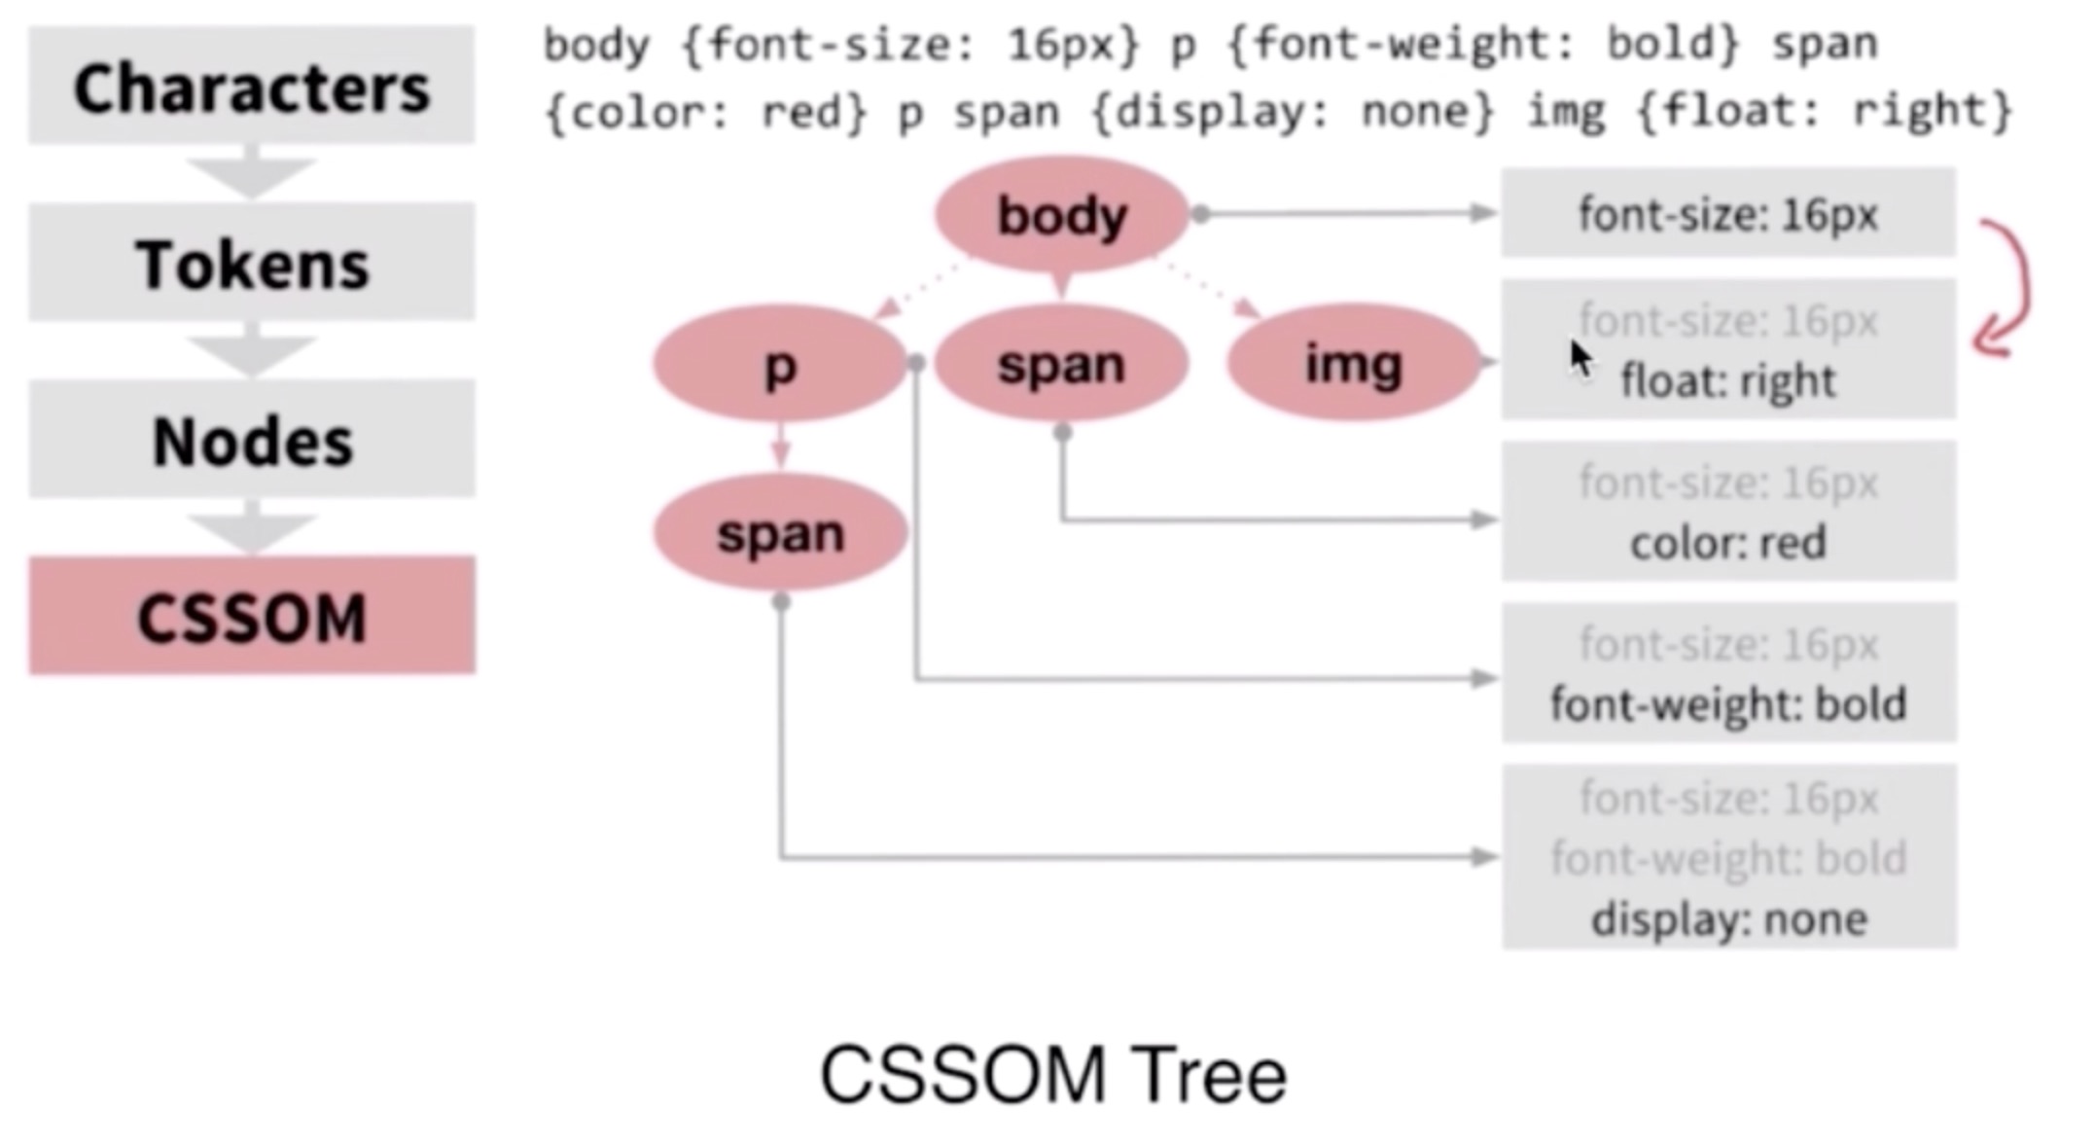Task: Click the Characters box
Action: [x=251, y=86]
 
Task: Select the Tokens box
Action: [x=251, y=263]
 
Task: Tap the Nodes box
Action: [x=251, y=440]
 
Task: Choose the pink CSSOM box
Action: [x=251, y=616]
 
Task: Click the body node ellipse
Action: [x=1061, y=214]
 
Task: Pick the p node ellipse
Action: [x=780, y=364]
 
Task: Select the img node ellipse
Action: [x=1353, y=364]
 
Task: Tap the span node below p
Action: [x=780, y=533]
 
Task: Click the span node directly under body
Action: [x=1061, y=364]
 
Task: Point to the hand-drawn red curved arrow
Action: [x=2009, y=287]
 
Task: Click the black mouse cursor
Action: [x=1580, y=358]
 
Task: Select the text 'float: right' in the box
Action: [x=1727, y=380]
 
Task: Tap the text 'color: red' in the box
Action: [x=1727, y=543]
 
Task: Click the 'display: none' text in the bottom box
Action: [x=1728, y=919]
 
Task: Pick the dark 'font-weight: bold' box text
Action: [x=1727, y=704]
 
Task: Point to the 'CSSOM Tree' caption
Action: [x=1053, y=1075]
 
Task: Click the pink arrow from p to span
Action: [x=780, y=447]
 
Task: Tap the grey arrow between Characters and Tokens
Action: [x=251, y=173]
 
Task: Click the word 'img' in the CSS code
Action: [x=1565, y=112]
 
